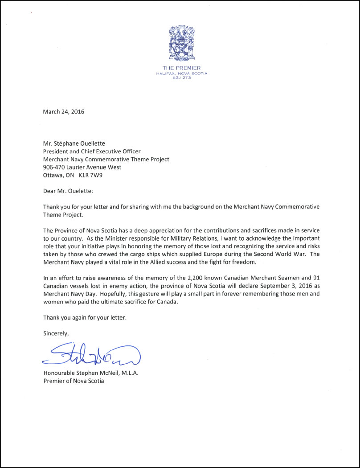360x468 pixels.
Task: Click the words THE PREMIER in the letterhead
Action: pyautogui.click(x=181, y=68)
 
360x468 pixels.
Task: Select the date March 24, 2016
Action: pyautogui.click(x=63, y=111)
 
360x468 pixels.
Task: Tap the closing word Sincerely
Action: pyautogui.click(x=56, y=333)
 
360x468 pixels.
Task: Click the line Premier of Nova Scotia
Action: pyautogui.click(x=74, y=381)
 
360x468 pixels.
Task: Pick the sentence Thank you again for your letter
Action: pyautogui.click(x=85, y=318)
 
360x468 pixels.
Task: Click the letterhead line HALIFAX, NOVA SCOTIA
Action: pyautogui.click(x=181, y=73)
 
